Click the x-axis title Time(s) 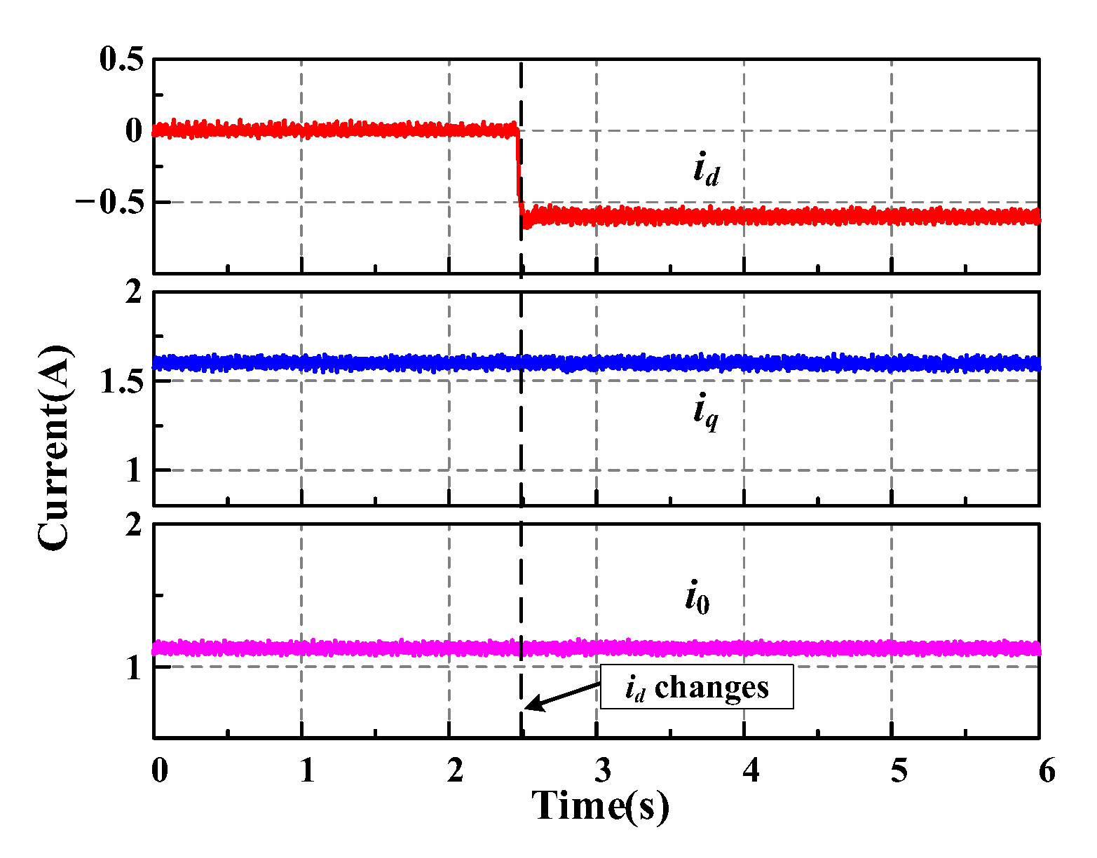(x=600, y=806)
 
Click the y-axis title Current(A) (x=55, y=447)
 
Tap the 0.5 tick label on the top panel (x=121, y=59)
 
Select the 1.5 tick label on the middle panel (x=121, y=381)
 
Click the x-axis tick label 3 (x=603, y=772)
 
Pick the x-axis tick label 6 (x=1047, y=772)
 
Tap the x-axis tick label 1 (x=307, y=772)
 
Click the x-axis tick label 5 (x=899, y=772)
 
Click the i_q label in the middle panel (x=705, y=411)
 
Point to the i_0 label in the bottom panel (x=697, y=599)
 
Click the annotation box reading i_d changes (x=697, y=688)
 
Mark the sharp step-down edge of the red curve (x=519, y=168)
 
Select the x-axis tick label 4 (x=751, y=772)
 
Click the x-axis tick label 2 (x=455, y=772)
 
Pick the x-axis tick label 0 (x=160, y=772)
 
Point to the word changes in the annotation (x=711, y=688)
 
